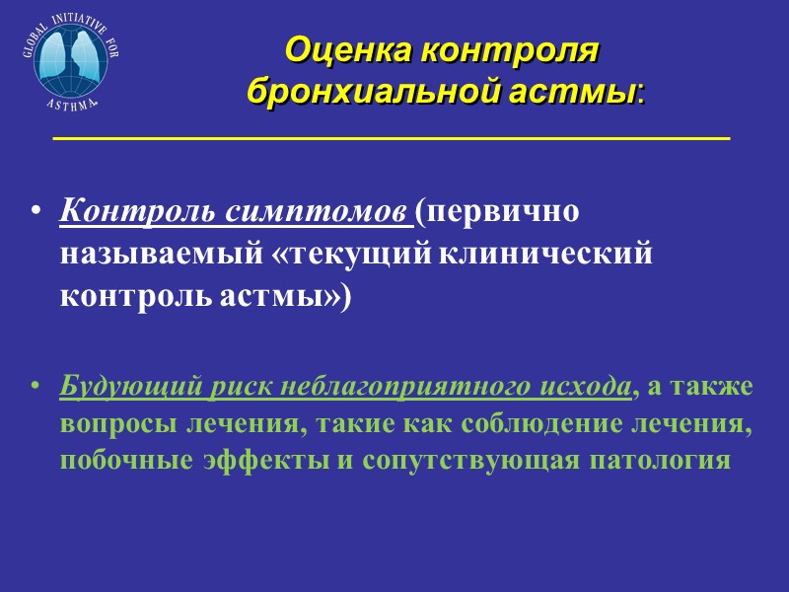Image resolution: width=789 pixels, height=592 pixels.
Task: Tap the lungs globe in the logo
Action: click(67, 59)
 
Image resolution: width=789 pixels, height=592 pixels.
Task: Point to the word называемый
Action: click(159, 255)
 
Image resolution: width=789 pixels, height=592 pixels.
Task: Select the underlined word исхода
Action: click(581, 386)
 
